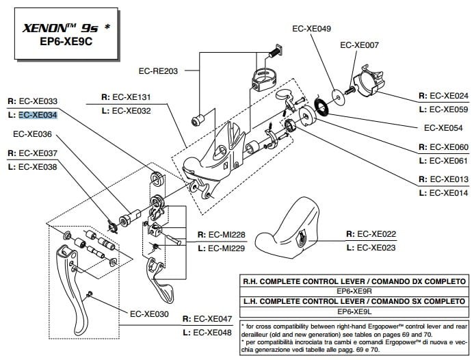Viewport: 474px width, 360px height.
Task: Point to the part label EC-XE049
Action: pyautogui.click(x=311, y=29)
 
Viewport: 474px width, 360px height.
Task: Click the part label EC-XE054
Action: pyautogui.click(x=443, y=127)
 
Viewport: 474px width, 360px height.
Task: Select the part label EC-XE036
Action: pyautogui.click(x=32, y=134)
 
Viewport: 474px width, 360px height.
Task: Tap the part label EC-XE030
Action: pyautogui.click(x=148, y=314)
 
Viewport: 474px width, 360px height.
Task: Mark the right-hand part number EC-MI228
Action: pyautogui.click(x=225, y=235)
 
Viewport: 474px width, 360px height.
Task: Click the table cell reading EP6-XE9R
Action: pyautogui.click(x=354, y=291)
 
